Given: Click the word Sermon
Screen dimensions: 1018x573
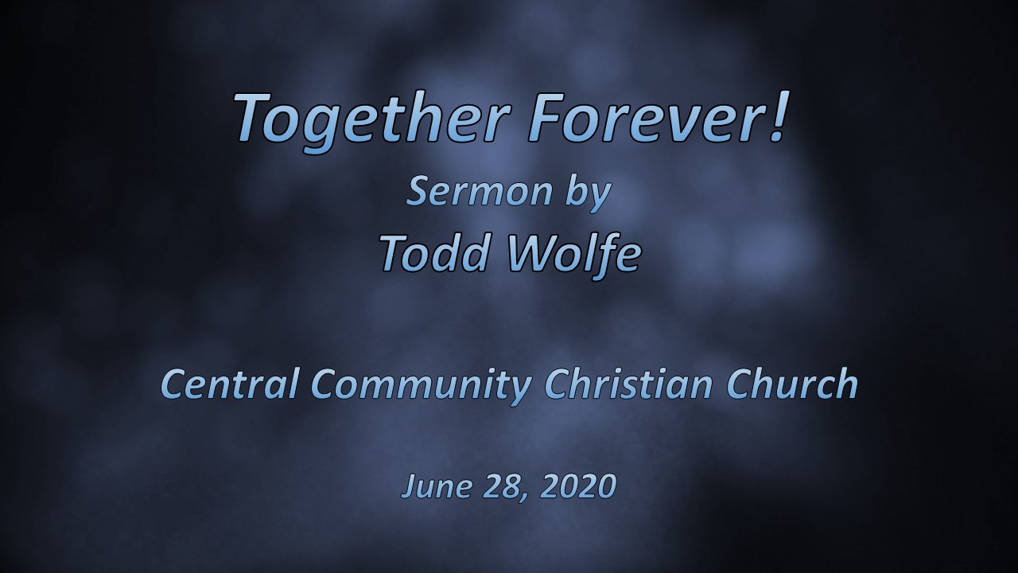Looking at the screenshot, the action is coord(479,191).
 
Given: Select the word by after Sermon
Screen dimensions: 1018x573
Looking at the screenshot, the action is coord(587,193).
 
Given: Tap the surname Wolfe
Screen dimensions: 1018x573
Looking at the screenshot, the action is coord(573,255).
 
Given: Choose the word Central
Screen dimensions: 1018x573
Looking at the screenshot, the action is coord(230,384).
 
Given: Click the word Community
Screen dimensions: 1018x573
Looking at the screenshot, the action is coord(422,387).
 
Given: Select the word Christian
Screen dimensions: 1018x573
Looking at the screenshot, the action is coord(628,384).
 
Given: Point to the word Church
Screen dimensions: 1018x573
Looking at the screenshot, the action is coord(791,384).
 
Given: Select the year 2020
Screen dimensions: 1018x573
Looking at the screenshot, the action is coord(578,485).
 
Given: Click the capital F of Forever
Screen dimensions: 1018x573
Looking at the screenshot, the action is coord(548,117).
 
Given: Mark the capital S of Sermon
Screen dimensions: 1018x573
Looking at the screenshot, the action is coord(418,192).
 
